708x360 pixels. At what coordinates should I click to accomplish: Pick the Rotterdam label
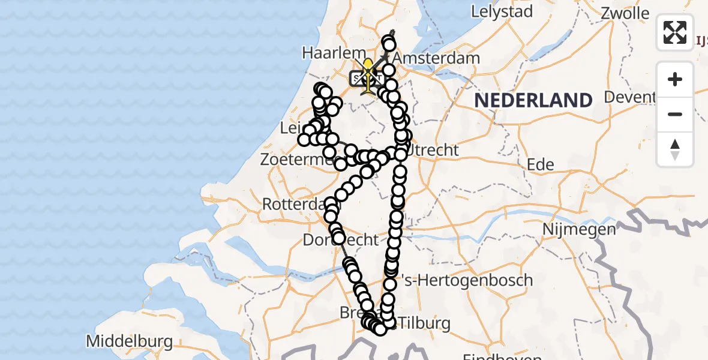point(292,203)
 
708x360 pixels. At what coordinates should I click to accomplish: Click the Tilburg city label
point(424,323)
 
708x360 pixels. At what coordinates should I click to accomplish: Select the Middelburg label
point(130,341)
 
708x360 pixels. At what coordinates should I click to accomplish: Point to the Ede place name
point(540,164)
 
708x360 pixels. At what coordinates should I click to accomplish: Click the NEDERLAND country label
point(533,100)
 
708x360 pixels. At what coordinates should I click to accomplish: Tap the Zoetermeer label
point(296,160)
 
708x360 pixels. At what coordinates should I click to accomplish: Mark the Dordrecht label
point(340,240)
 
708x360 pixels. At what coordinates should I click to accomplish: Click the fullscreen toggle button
point(675,32)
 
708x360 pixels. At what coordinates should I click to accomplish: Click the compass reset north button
point(675,149)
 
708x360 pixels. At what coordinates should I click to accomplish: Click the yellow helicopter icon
point(367,74)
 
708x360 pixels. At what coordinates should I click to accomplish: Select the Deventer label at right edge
point(630,97)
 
